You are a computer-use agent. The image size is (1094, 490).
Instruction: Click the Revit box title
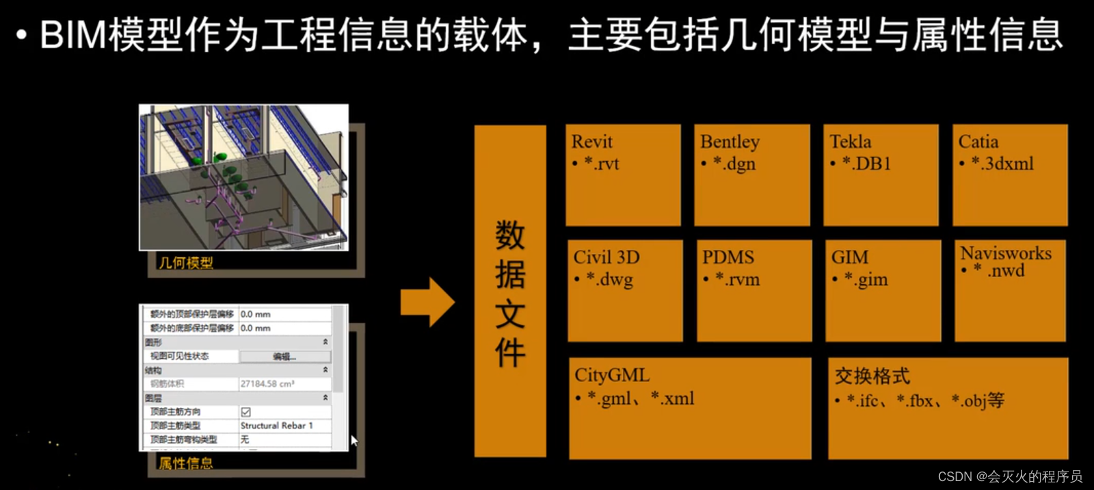click(x=591, y=142)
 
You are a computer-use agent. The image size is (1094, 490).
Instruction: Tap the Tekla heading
click(x=850, y=142)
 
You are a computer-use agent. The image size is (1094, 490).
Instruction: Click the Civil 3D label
click(x=606, y=257)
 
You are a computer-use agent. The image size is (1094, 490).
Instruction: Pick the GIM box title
click(x=849, y=257)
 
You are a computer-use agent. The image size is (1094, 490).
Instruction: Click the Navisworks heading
click(x=1005, y=253)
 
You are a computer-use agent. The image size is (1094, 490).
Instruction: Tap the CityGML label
click(x=612, y=375)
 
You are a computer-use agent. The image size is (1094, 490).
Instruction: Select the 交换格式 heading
click(x=872, y=376)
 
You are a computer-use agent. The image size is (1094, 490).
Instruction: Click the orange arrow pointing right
click(x=427, y=302)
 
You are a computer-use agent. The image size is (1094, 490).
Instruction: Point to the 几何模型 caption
click(x=186, y=263)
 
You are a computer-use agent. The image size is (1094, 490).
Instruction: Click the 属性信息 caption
click(x=185, y=463)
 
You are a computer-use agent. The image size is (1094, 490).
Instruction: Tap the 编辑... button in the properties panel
click(x=284, y=357)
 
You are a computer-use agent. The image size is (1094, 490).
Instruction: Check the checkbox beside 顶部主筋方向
click(x=245, y=412)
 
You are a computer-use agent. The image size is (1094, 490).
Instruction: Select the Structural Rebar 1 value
click(x=276, y=426)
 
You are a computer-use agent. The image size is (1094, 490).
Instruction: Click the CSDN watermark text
click(x=1010, y=476)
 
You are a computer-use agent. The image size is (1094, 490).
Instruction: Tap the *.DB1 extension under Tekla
click(x=866, y=164)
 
